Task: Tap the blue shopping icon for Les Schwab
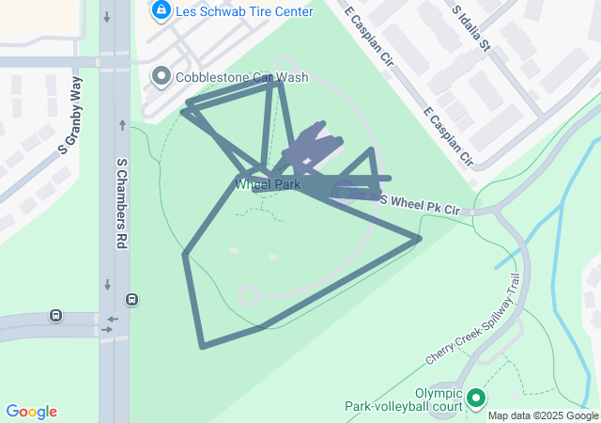tap(161, 10)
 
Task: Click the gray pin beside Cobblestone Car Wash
tap(162, 76)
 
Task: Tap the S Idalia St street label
tap(471, 28)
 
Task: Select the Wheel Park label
tap(268, 184)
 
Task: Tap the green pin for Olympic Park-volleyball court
tap(476, 399)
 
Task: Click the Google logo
tap(31, 412)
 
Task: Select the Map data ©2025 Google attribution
tap(543, 415)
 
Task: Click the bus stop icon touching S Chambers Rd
tap(131, 300)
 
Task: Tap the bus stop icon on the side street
tap(56, 316)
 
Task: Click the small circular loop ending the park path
tap(248, 297)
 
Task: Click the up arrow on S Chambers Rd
tap(123, 124)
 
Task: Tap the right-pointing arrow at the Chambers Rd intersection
tap(113, 330)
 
